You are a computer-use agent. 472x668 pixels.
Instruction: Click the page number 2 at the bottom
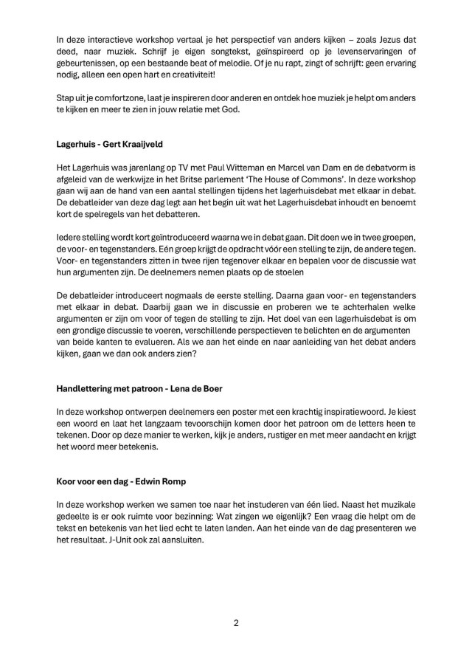(x=236, y=622)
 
